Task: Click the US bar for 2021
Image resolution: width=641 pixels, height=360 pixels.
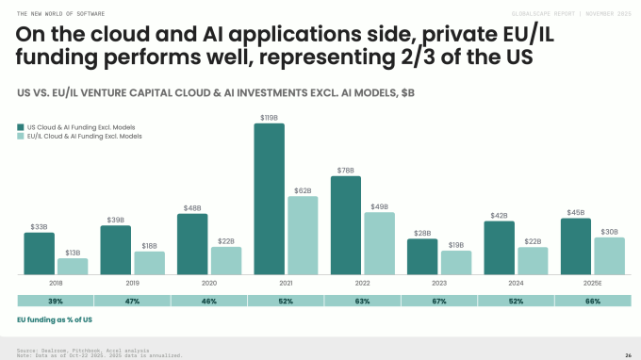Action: click(269, 199)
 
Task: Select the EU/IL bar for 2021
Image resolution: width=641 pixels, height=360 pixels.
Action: click(303, 236)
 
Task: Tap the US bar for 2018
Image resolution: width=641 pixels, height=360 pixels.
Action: click(39, 254)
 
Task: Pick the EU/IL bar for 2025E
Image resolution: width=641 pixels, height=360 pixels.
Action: click(609, 255)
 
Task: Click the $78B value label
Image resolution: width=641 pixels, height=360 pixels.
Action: click(345, 170)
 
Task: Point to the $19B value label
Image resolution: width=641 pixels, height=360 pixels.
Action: click(456, 244)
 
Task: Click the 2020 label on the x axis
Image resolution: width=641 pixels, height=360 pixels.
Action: click(209, 282)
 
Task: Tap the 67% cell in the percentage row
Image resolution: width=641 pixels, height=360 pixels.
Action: click(439, 301)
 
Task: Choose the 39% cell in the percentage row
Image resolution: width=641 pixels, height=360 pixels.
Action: click(56, 301)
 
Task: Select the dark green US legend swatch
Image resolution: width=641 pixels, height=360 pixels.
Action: click(21, 125)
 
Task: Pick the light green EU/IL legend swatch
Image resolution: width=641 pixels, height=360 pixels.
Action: click(21, 136)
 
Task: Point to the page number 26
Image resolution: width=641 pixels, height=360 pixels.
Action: click(627, 354)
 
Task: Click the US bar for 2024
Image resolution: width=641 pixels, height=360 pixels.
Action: click(498, 248)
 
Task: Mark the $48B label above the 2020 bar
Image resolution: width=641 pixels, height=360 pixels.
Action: click(192, 207)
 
